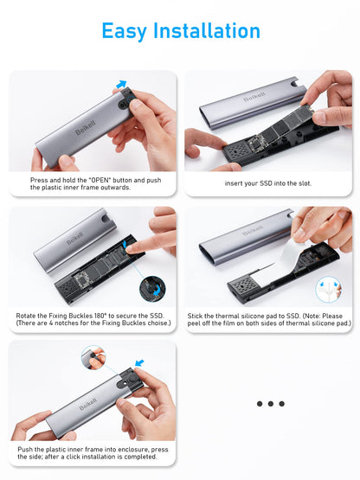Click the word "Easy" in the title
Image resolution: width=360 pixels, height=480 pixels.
(x=124, y=31)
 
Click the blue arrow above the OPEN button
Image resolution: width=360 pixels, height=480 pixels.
(x=122, y=84)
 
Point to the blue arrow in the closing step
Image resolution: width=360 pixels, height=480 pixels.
(x=139, y=362)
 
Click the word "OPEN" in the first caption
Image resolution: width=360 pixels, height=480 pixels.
(x=100, y=180)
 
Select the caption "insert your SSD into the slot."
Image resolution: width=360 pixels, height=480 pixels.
(x=268, y=183)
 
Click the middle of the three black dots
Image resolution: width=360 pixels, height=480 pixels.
(x=271, y=404)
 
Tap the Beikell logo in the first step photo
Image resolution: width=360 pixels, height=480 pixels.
(x=86, y=127)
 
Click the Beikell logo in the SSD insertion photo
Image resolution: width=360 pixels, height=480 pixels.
(x=254, y=96)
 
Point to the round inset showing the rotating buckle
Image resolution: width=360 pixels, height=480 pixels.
(x=152, y=289)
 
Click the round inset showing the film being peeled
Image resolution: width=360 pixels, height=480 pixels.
(x=328, y=290)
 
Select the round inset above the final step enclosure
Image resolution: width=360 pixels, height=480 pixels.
(x=93, y=357)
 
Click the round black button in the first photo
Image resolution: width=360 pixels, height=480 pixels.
(x=132, y=100)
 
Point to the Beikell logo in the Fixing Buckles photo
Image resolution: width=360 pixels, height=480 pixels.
(x=74, y=239)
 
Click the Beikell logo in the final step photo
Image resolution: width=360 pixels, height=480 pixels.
(x=88, y=404)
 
